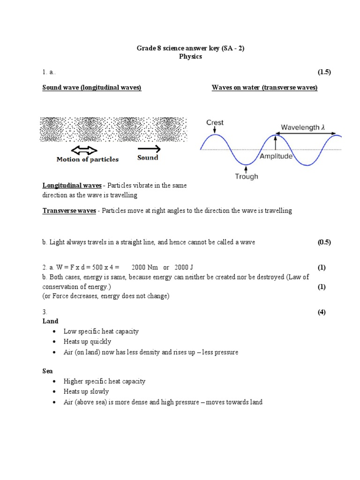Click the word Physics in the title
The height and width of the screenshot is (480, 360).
(190, 56)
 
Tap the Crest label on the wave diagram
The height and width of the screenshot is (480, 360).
(215, 123)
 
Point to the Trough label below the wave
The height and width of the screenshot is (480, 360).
(247, 177)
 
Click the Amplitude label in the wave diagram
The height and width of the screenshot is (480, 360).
(276, 156)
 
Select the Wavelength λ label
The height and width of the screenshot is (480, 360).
(303, 127)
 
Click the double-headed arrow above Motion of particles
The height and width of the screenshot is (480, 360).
(84, 150)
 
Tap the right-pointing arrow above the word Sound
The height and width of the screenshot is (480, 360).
(149, 149)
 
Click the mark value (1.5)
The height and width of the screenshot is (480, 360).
(324, 72)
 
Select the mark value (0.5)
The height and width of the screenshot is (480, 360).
(324, 242)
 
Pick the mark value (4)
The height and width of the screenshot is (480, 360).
(322, 312)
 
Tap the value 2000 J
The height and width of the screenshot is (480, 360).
(183, 268)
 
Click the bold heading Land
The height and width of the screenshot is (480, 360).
(50, 321)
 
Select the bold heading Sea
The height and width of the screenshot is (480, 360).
(47, 371)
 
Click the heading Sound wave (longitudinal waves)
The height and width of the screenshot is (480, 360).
(92, 88)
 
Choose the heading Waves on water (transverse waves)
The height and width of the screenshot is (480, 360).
(264, 88)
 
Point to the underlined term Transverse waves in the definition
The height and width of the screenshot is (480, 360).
(69, 210)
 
